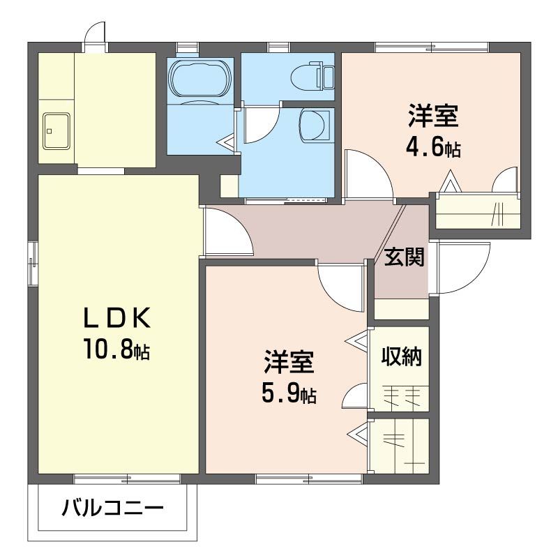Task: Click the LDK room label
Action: pos(117,318)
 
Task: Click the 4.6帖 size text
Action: pos(433,149)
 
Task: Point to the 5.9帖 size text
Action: pos(289,395)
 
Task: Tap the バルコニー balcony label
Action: pos(112,507)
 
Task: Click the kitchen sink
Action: pos(56,130)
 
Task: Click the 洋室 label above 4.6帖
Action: pos(433,116)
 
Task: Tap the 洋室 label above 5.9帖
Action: pos(289,362)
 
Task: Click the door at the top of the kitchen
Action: pos(94,33)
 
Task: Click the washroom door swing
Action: pos(259,126)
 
